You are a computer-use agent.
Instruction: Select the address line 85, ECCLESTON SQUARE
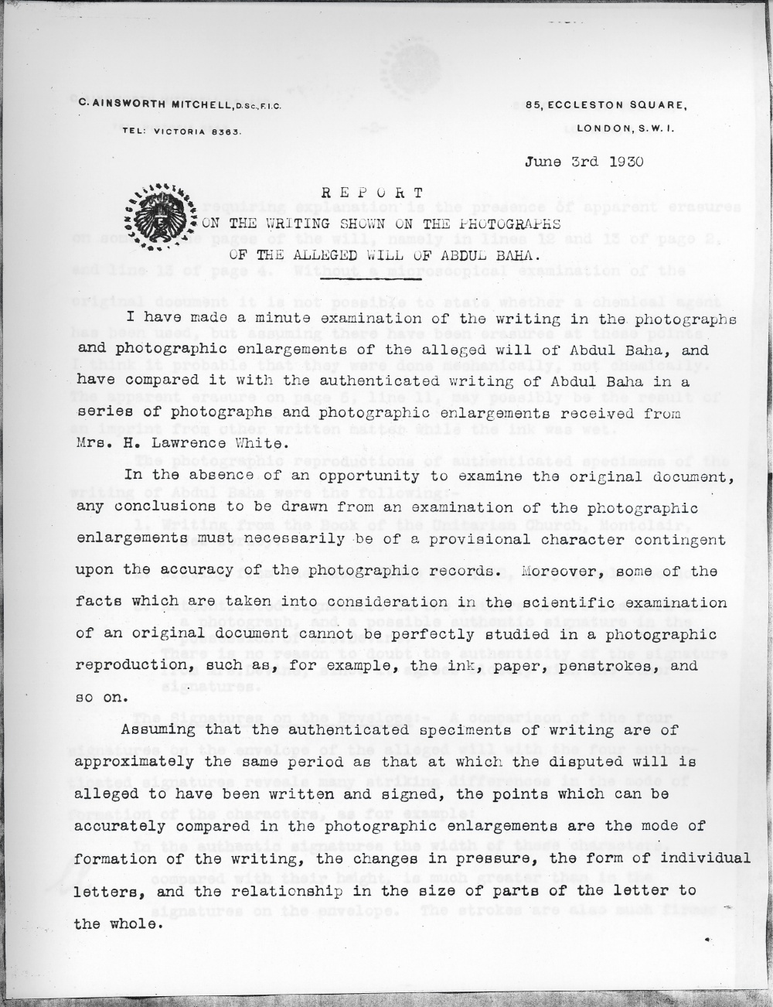coord(604,105)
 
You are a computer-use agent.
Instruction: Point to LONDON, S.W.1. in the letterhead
coord(626,129)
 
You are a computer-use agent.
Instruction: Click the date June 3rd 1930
coord(584,162)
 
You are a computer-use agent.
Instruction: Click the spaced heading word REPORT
coord(372,193)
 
